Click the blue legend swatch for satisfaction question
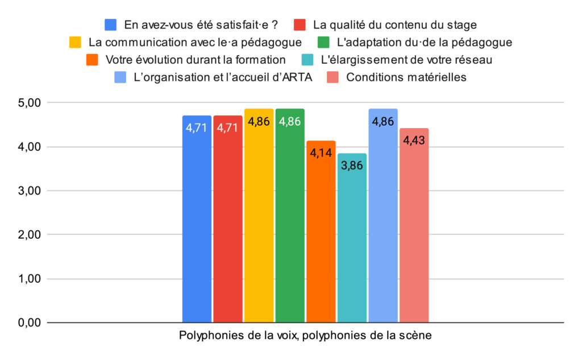click(x=111, y=24)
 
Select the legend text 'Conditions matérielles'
click(x=406, y=77)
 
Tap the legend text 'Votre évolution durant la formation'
click(x=196, y=60)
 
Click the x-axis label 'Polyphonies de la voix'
click(x=238, y=336)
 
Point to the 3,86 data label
click(x=352, y=165)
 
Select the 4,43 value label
click(x=414, y=140)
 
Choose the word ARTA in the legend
click(x=297, y=77)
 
